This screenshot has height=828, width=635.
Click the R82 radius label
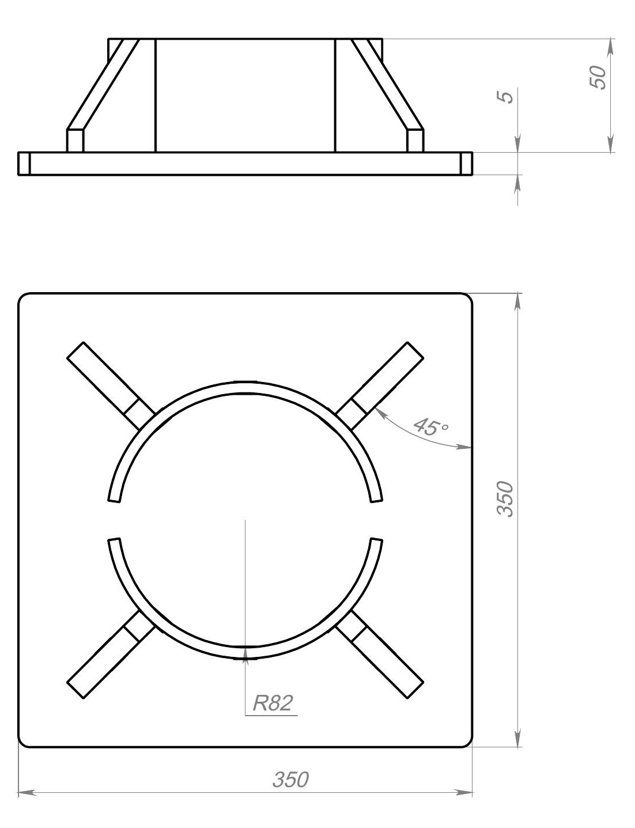coord(273,703)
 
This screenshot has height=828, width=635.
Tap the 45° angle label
coord(430,427)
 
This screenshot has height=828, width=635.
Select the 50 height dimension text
coord(598,77)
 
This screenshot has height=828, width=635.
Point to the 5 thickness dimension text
coord(504,97)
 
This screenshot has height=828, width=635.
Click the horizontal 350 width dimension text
coord(290,780)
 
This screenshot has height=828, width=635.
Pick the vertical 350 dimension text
coord(504,498)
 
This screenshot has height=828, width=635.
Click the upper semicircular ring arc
coord(245,387)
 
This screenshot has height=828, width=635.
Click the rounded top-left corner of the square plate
coord(22,298)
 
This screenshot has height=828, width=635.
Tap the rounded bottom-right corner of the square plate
coord(468,743)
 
